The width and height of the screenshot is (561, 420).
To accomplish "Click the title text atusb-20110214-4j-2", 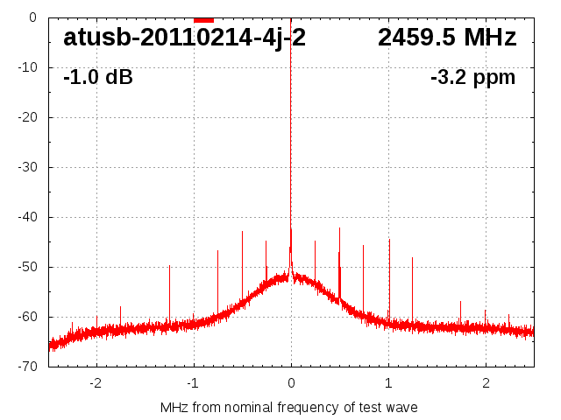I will coord(184,38).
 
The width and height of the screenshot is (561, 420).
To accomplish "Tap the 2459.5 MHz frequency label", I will coord(447,38).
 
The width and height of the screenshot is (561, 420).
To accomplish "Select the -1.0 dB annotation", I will coord(98,77).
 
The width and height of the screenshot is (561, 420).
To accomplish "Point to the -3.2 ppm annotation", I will coord(472,77).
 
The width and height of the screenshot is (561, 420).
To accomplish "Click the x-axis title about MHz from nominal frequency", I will coord(289,407).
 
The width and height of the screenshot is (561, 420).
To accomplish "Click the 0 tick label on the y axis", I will coord(32,17).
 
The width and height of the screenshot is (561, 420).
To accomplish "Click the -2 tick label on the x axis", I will coord(95,382).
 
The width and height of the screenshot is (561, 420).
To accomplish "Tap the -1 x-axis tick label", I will coord(192,382).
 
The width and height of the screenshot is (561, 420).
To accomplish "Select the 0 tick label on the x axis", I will coord(291,382).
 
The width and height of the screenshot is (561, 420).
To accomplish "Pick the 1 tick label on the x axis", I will coord(388,382).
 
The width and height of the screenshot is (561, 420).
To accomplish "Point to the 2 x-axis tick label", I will coord(486,382).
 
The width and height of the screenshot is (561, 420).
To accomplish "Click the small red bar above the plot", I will coord(203,18).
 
